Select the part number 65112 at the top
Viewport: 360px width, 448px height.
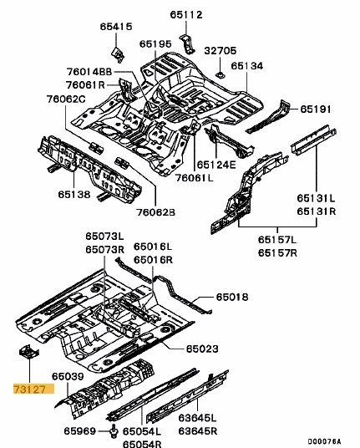[186, 14]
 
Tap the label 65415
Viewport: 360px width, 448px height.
[117, 28]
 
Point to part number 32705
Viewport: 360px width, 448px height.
[220, 50]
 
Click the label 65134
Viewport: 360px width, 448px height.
[247, 65]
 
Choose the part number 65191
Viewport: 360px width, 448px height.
[317, 109]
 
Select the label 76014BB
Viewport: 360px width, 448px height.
[89, 71]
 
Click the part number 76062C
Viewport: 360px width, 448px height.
[68, 99]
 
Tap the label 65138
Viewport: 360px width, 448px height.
[74, 195]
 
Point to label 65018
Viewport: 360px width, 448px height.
[232, 297]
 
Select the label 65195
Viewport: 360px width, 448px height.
[155, 43]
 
